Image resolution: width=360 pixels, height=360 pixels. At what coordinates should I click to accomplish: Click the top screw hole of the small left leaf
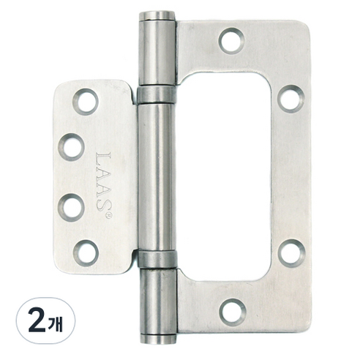[x=86, y=102]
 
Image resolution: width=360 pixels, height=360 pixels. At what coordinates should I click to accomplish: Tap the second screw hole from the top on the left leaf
[x=71, y=147]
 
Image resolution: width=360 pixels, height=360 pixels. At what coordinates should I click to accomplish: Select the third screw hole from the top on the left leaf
[x=71, y=208]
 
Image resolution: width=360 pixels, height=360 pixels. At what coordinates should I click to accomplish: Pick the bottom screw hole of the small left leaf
[x=86, y=253]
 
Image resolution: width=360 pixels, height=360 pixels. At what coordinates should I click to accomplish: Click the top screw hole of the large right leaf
[x=231, y=41]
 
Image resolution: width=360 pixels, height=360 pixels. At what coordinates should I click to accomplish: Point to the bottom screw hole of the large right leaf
[x=232, y=312]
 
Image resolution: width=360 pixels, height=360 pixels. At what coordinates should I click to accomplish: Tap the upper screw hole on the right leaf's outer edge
[x=291, y=99]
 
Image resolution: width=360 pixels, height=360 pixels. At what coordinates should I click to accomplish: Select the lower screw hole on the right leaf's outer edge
[x=292, y=252]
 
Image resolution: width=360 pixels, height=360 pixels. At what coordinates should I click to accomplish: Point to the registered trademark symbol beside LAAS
[x=108, y=215]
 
